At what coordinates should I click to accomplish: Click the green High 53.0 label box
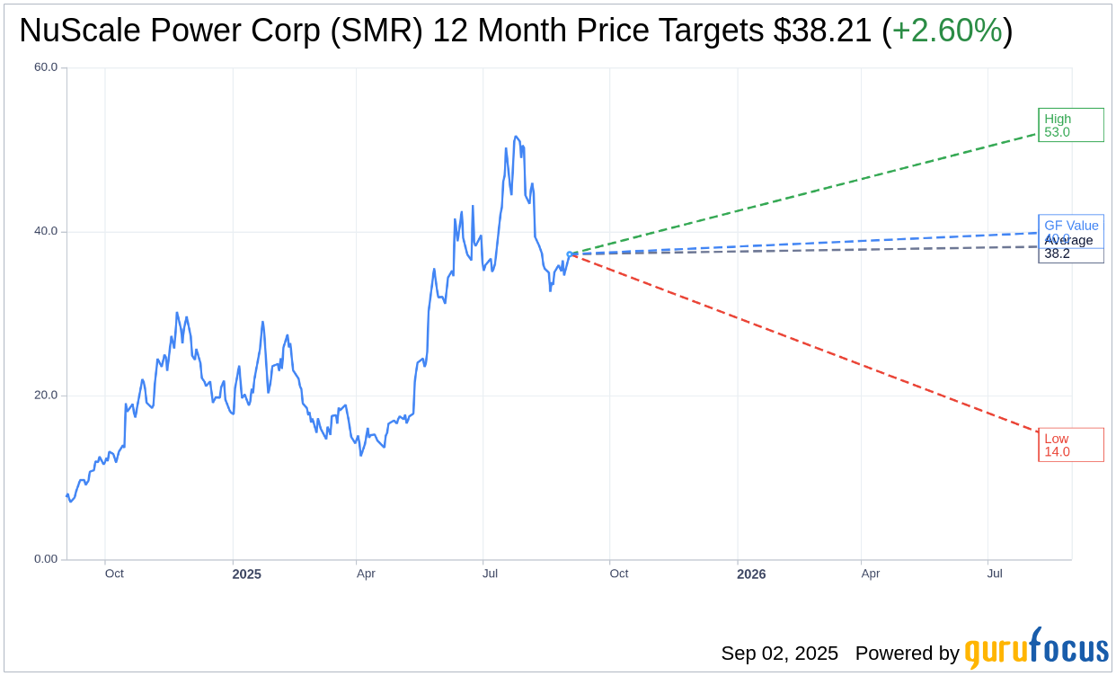pos(1070,125)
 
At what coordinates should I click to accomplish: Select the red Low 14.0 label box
pos(1070,445)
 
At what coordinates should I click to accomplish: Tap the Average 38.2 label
pos(1070,247)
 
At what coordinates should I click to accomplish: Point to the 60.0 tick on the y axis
pos(45,67)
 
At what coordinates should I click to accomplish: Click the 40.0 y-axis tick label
pos(45,231)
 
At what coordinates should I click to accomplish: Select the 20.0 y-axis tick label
pos(45,396)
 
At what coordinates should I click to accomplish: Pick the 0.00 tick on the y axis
pos(45,559)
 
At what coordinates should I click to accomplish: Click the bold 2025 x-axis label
pos(246,574)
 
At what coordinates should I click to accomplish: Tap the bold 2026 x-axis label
pos(751,574)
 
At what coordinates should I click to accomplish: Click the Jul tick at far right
pos(995,574)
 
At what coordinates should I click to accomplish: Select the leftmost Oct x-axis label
pos(114,574)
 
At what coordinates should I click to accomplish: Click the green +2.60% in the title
pos(947,31)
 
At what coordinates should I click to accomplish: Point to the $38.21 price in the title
pos(822,31)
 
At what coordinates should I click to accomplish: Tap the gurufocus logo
pos(1036,649)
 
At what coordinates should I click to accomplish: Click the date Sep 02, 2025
pos(779,654)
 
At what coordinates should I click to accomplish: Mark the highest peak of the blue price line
pos(515,137)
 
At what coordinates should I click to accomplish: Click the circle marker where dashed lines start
pos(570,254)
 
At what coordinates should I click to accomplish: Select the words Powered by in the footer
pos(907,654)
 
